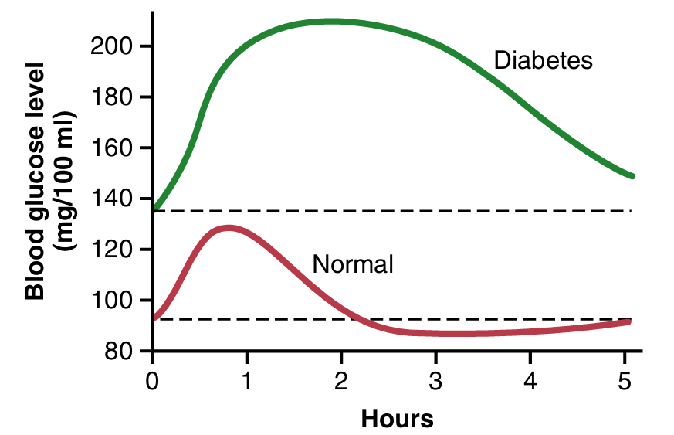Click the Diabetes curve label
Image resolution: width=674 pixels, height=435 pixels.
tap(544, 60)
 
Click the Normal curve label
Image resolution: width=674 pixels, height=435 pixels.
tap(353, 265)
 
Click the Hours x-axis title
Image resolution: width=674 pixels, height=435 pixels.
tap(397, 420)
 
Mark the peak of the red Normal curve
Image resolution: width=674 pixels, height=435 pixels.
tap(228, 227)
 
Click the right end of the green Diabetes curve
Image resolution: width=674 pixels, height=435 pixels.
tap(632, 176)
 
